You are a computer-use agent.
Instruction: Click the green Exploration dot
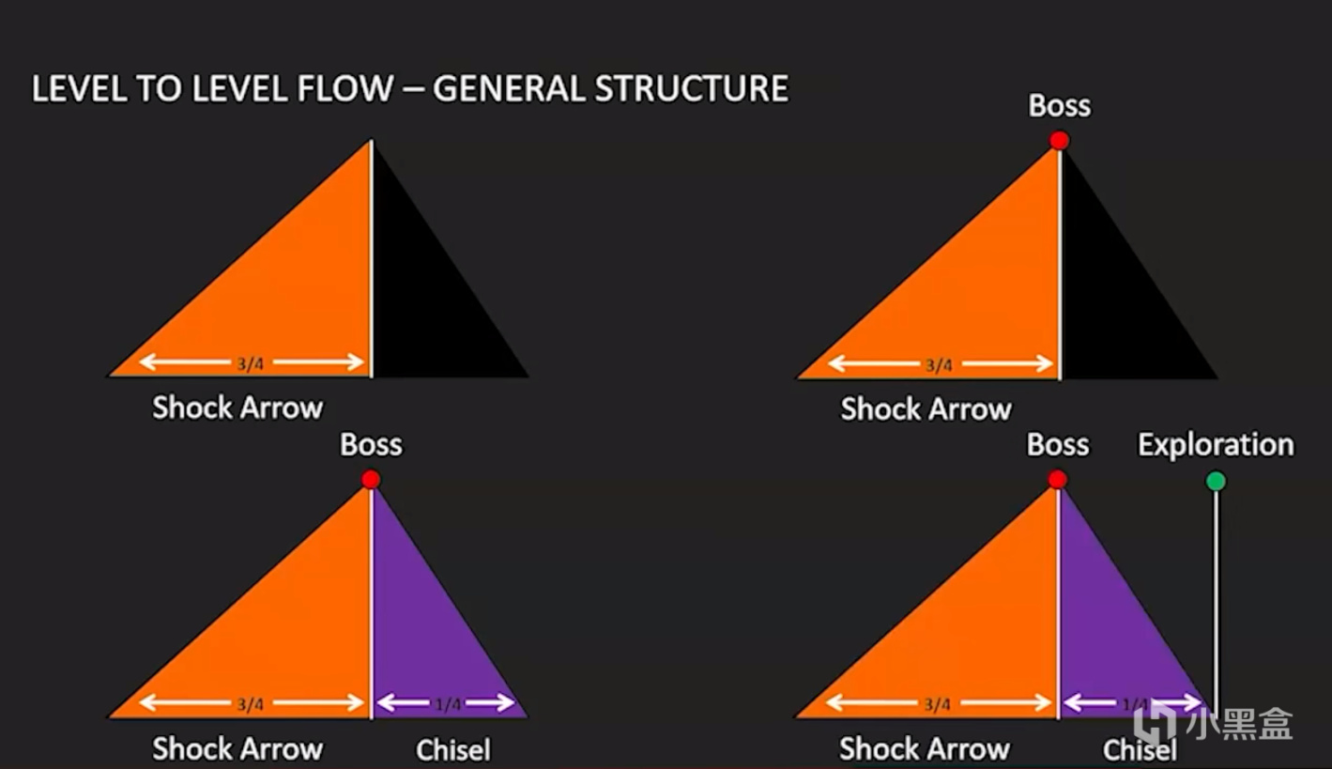coord(1216,482)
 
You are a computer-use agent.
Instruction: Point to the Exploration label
coord(1216,445)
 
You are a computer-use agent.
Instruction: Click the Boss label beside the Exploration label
coord(1058,445)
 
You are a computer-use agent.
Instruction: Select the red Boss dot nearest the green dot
coord(1058,480)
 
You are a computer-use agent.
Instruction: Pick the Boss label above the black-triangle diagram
coord(1060,106)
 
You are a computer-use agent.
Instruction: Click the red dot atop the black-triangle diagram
coord(1060,141)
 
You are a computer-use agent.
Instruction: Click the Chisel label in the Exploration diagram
coord(1140,750)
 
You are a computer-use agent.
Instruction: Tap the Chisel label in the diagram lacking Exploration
coord(453,750)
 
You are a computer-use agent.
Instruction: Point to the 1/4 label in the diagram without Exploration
coord(448,703)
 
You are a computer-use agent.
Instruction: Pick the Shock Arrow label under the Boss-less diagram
coord(237,408)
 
